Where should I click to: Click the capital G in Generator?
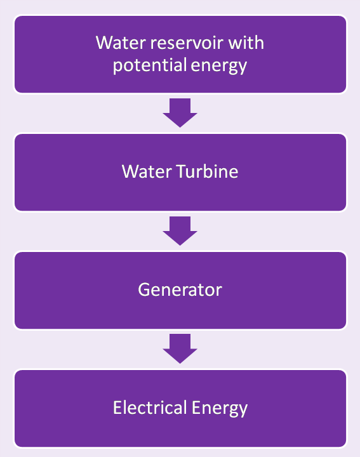pyautogui.click(x=144, y=290)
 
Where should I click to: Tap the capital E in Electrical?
pyautogui.click(x=117, y=407)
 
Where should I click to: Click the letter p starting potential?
pyautogui.click(x=118, y=67)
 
